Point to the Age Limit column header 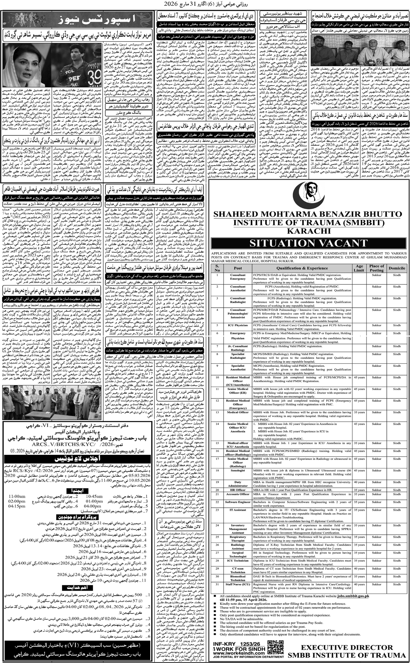(x=359, y=268)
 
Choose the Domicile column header (x=397, y=268)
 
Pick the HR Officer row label (x=238, y=490)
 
